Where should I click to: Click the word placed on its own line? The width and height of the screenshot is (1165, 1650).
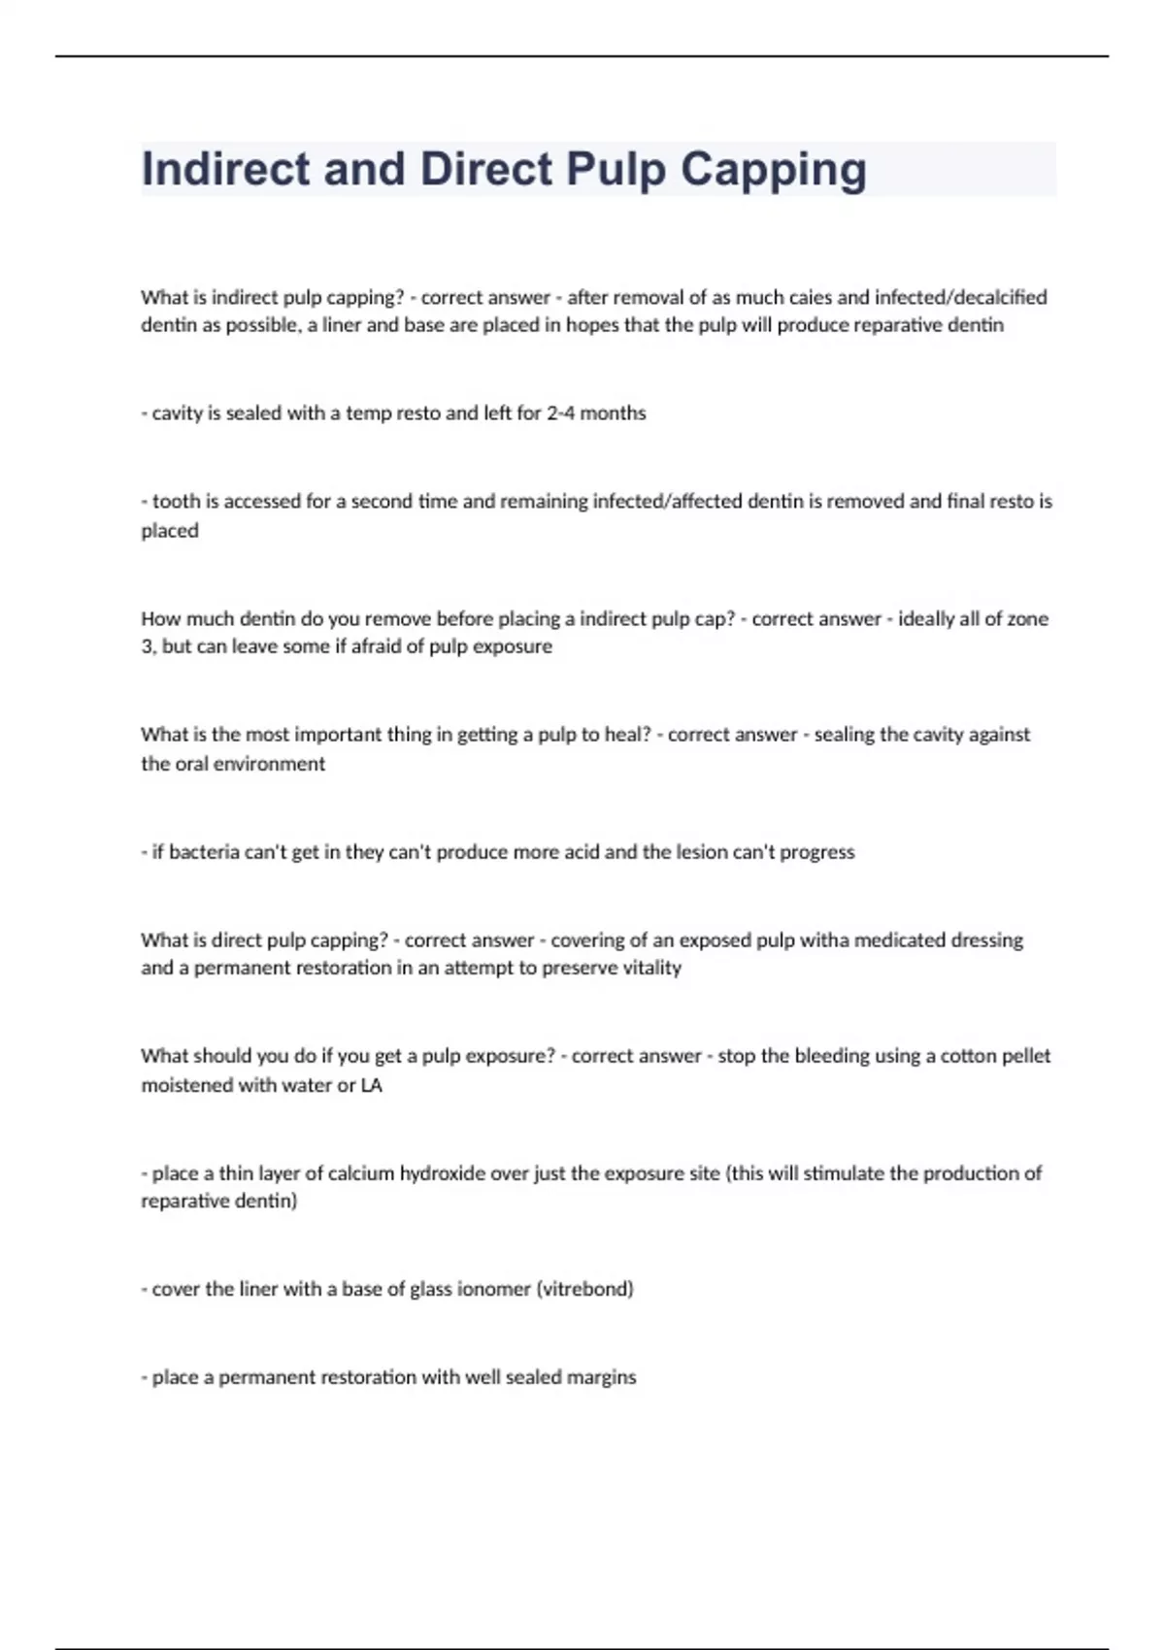[x=170, y=531]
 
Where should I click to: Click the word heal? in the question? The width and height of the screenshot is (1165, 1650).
[x=627, y=735]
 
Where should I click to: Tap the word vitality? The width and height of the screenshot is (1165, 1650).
[x=649, y=968]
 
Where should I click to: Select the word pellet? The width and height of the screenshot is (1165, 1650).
[x=1024, y=1055]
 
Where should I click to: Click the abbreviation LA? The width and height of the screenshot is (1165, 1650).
[x=371, y=1085]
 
